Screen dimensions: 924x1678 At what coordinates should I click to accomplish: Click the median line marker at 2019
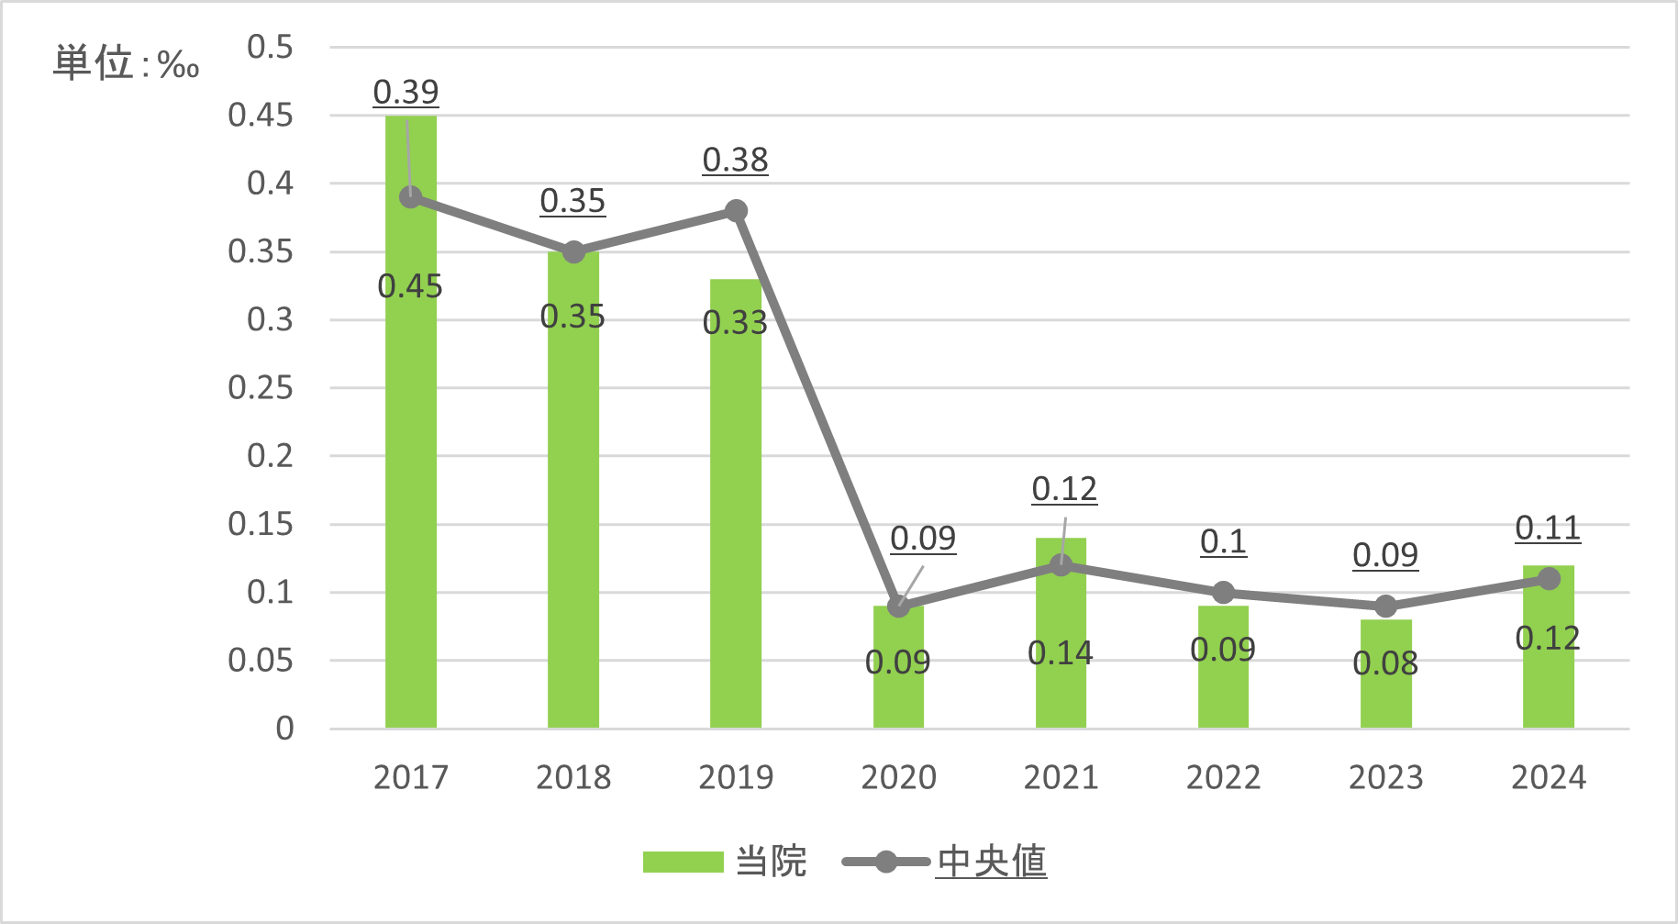click(736, 211)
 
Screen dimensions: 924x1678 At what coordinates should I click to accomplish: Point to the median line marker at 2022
click(1223, 593)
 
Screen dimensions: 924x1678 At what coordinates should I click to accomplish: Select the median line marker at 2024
click(1549, 579)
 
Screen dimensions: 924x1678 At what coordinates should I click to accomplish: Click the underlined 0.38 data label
click(735, 161)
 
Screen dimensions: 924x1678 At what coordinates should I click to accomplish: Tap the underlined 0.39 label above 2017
click(406, 92)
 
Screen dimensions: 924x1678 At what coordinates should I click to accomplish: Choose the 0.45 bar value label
click(410, 287)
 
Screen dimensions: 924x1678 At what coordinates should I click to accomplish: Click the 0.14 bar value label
click(1061, 653)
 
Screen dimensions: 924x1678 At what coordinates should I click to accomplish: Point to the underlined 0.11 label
click(1548, 529)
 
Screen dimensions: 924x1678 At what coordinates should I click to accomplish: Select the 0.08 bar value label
click(1385, 663)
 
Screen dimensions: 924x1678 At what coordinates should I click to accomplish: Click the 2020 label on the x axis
click(898, 778)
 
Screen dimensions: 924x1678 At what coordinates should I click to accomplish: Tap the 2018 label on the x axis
click(573, 778)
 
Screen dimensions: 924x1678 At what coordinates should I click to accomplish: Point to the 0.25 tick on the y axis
click(261, 388)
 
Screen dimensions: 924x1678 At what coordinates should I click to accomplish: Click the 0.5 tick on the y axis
click(270, 47)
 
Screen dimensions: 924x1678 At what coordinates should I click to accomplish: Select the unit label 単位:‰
click(126, 64)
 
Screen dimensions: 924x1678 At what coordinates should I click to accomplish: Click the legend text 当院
click(771, 862)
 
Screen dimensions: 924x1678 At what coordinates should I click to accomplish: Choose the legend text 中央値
click(992, 862)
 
